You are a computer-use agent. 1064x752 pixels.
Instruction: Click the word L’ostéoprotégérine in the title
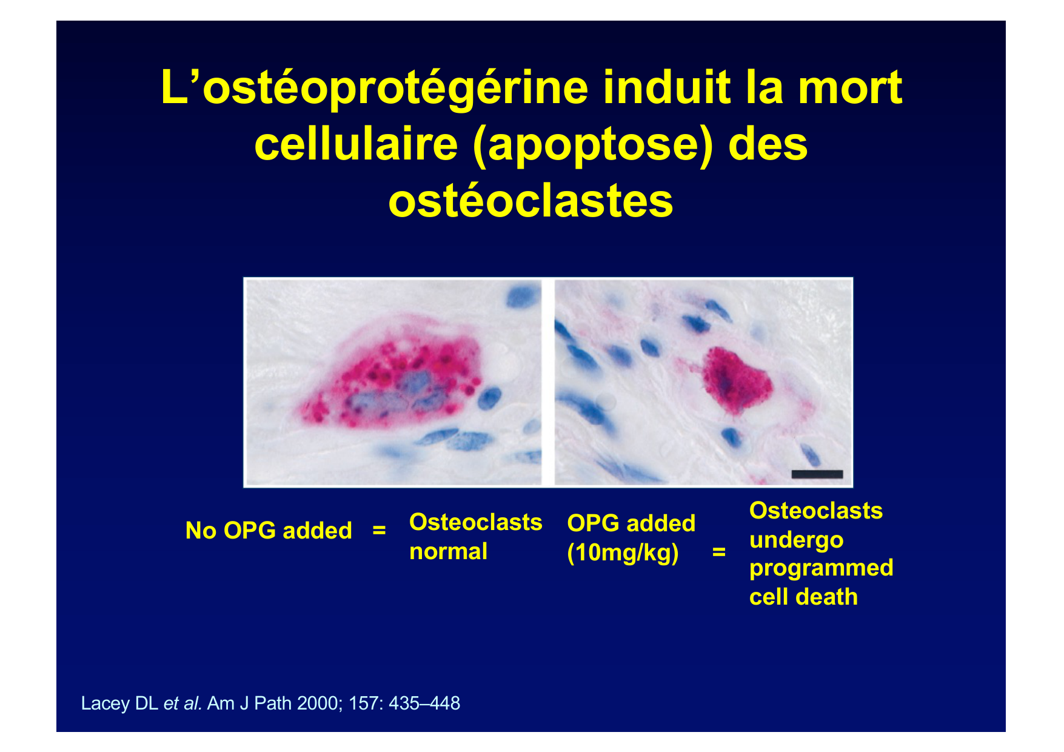pyautogui.click(x=375, y=88)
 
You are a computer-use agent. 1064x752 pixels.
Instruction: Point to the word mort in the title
pyautogui.click(x=850, y=88)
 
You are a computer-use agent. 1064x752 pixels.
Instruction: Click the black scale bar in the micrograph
pyautogui.click(x=817, y=474)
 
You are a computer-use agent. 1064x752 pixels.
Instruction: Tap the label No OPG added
pyautogui.click(x=269, y=531)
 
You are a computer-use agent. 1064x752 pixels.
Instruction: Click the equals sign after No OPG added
pyautogui.click(x=379, y=531)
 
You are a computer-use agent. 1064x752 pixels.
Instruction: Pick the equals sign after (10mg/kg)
pyautogui.click(x=718, y=552)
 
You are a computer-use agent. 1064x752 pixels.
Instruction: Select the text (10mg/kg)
pyautogui.click(x=623, y=553)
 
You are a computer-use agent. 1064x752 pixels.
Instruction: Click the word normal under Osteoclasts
pyautogui.click(x=448, y=552)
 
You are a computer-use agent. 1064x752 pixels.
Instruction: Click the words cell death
pyautogui.click(x=803, y=597)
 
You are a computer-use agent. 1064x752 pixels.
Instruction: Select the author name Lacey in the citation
pyautogui.click(x=105, y=703)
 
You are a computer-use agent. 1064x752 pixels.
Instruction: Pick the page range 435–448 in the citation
pyautogui.click(x=424, y=703)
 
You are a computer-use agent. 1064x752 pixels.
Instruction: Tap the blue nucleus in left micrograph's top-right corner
pyautogui.click(x=520, y=297)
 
